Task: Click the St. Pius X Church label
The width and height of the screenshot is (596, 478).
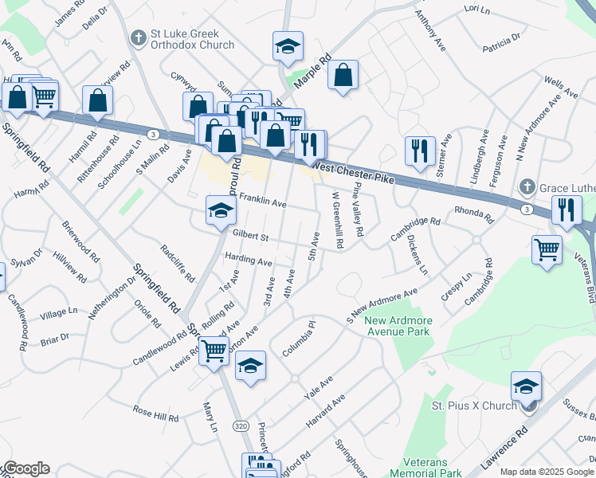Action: tap(474, 406)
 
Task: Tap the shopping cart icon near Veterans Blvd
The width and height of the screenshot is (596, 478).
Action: tap(547, 249)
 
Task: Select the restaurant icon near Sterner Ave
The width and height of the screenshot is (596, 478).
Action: tap(418, 149)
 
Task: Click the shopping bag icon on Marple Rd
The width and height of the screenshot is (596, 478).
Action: tap(343, 76)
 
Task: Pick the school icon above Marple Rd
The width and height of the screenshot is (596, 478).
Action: tap(288, 47)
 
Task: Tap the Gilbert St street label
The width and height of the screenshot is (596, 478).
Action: tap(251, 237)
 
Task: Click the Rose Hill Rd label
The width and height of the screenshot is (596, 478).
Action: tap(155, 414)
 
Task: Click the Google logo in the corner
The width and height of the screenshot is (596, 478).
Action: tap(25, 469)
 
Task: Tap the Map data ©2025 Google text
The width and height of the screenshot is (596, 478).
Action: tap(547, 472)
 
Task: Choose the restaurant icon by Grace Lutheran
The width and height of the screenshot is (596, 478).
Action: tap(566, 210)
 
